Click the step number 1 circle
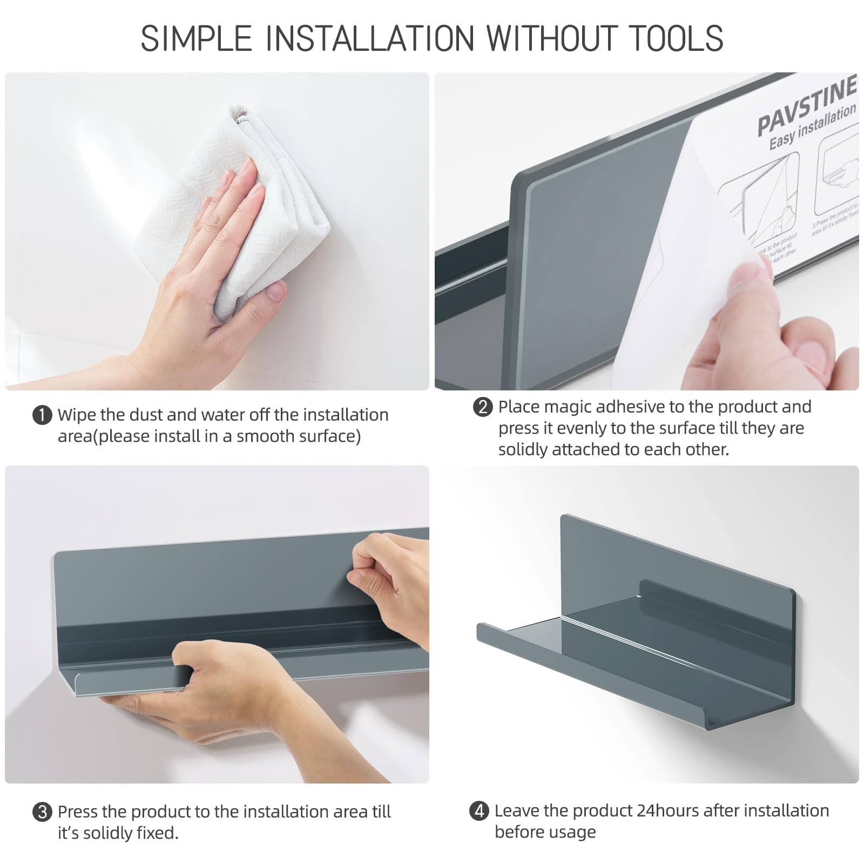(x=42, y=416)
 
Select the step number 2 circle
(x=483, y=407)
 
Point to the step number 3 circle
(x=42, y=813)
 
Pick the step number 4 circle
(x=479, y=811)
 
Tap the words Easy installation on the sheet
(x=812, y=127)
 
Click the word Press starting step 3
(x=78, y=812)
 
